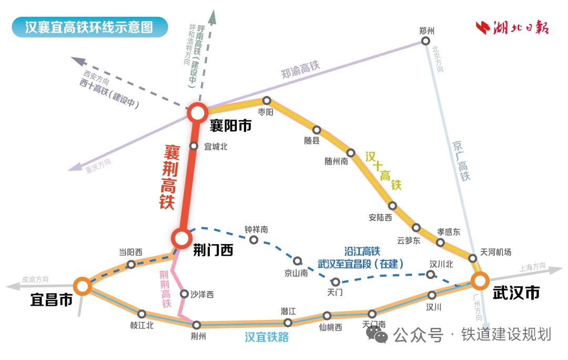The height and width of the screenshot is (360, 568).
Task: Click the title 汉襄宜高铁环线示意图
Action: point(89,27)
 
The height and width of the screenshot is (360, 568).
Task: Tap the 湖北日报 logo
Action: point(512,27)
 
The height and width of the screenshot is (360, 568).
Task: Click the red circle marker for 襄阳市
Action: point(198,112)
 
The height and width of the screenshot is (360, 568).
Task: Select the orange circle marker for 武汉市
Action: point(480,281)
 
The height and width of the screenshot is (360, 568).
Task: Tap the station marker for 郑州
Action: point(425,41)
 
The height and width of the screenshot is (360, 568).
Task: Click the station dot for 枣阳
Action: point(267,101)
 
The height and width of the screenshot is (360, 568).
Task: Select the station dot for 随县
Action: point(317,129)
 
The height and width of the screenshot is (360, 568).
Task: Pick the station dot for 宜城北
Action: point(194,146)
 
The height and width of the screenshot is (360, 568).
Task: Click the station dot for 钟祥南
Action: point(253,240)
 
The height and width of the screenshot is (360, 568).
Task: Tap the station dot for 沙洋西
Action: point(184,294)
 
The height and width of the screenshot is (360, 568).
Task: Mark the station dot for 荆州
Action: point(197,325)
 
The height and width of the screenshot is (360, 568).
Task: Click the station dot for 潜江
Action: point(288,322)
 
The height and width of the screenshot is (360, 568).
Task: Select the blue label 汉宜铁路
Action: point(267,337)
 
